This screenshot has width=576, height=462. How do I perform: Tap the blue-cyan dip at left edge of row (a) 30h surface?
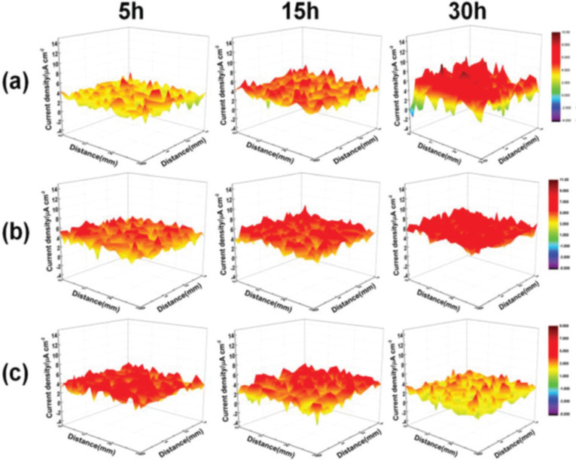413,112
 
